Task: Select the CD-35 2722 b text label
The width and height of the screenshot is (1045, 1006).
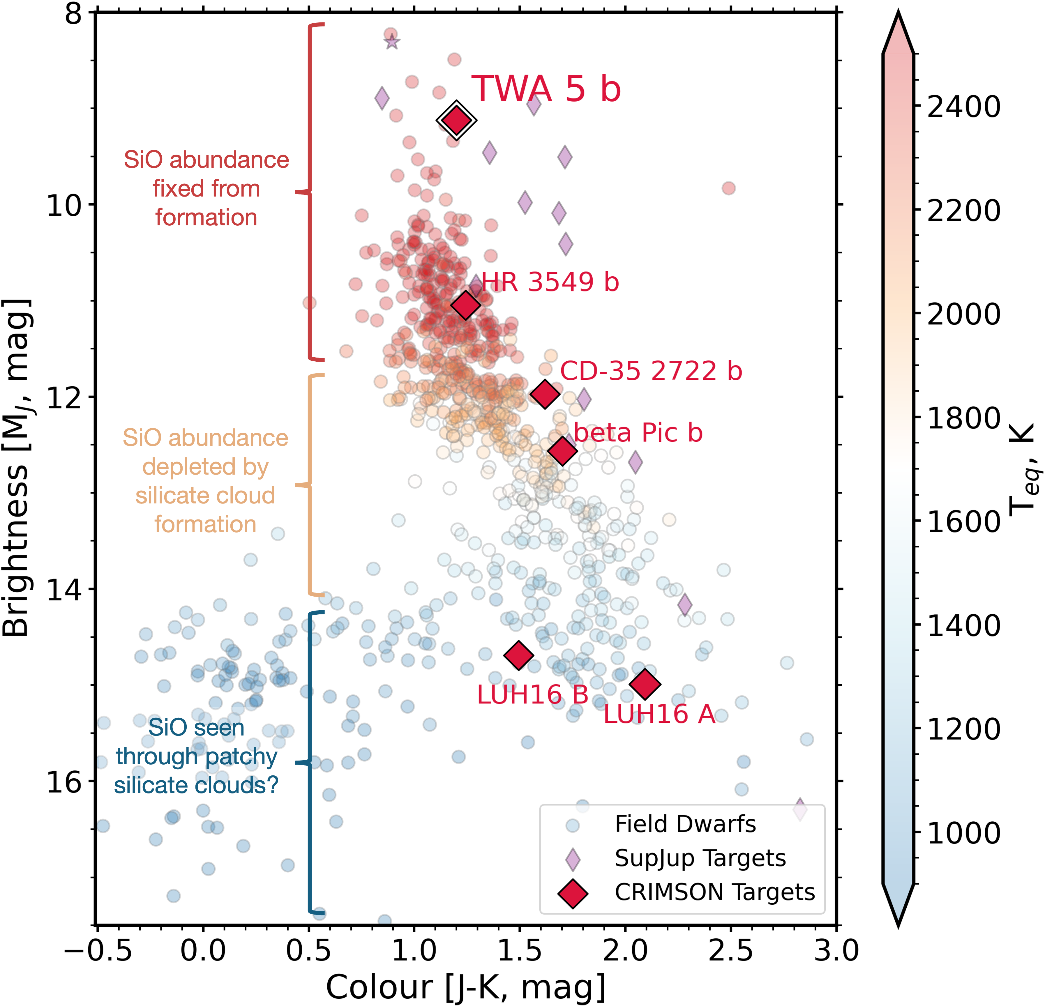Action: pos(651,371)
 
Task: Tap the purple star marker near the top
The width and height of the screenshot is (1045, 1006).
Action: pos(392,42)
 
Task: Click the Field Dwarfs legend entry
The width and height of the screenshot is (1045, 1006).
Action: pos(685,824)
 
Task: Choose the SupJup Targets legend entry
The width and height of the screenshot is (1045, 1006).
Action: pos(700,858)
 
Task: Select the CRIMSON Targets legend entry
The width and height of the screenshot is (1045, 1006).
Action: pos(714,892)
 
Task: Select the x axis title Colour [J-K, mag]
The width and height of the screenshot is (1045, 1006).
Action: pos(465,986)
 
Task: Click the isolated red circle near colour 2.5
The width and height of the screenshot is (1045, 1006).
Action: pos(728,188)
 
